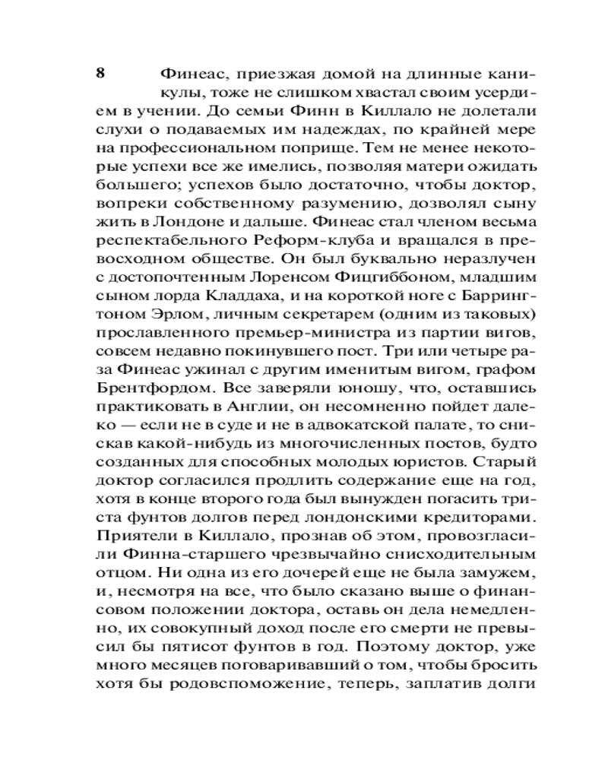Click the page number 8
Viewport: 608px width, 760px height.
(100, 74)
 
